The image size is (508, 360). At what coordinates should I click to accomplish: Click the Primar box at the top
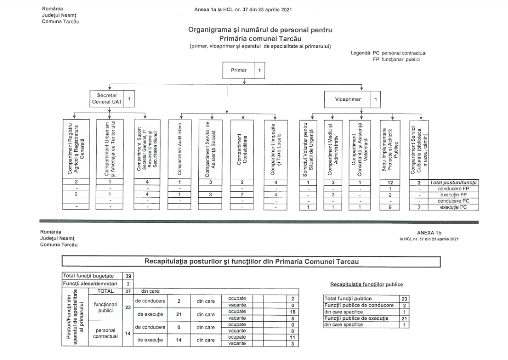pyautogui.click(x=239, y=70)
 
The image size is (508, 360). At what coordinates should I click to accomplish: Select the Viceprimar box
pyautogui.click(x=348, y=100)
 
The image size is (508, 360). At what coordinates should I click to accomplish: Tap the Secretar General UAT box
pyautogui.click(x=107, y=98)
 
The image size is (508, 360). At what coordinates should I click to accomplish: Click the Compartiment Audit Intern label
pyautogui.click(x=179, y=149)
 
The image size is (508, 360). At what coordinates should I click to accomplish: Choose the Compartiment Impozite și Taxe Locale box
pyautogui.click(x=276, y=149)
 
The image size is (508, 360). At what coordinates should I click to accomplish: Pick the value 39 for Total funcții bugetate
pyautogui.click(x=128, y=275)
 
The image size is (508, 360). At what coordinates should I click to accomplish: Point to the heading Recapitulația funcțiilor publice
pyautogui.click(x=365, y=284)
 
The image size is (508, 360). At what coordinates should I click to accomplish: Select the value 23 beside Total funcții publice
pyautogui.click(x=404, y=299)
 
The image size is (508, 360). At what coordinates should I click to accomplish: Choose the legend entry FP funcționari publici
pyautogui.click(x=396, y=59)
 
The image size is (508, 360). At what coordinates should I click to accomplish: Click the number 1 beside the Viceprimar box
pyautogui.click(x=375, y=100)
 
